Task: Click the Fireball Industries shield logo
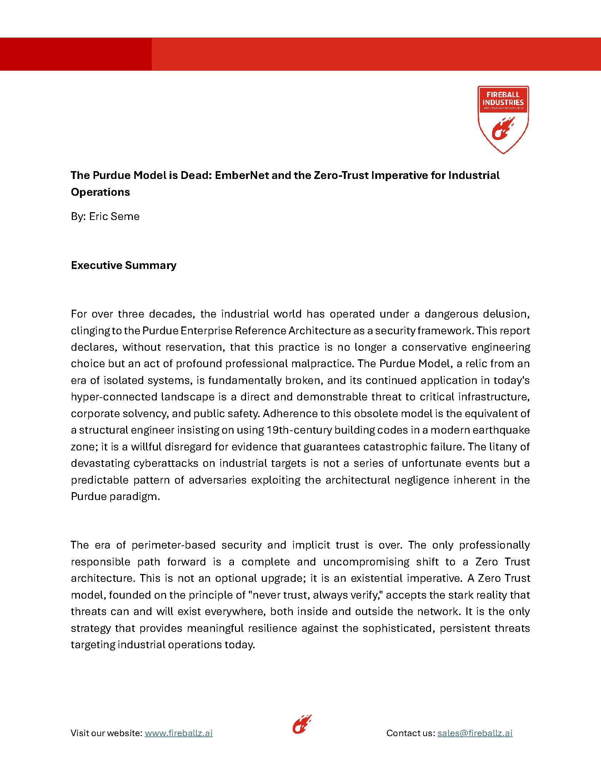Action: point(503,119)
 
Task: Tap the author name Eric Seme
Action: point(114,216)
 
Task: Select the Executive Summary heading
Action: point(124,265)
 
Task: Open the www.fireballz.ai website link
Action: point(179,733)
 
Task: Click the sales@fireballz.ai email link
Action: point(475,733)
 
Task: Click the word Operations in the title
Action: point(100,192)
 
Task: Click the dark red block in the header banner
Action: point(76,54)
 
